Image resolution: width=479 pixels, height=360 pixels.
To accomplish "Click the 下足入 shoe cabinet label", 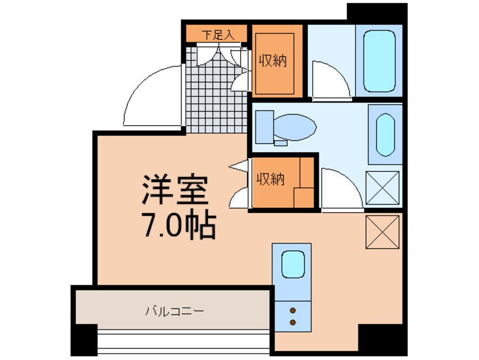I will (x=217, y=35).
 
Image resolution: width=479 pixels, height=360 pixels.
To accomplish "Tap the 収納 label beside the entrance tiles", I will (x=273, y=60).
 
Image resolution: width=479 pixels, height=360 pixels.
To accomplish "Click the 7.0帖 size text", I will (x=177, y=226).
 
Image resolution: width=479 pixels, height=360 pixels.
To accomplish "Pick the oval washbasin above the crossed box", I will (x=385, y=135).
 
